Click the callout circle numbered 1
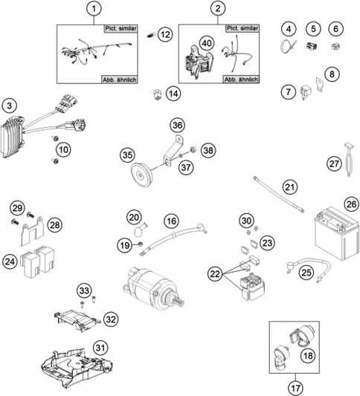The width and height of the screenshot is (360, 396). [93, 9]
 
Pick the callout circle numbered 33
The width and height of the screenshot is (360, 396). [84, 290]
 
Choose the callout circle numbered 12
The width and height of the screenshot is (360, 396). [165, 34]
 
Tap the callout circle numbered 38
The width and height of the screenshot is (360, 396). [208, 150]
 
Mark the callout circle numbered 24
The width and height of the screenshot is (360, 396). [10, 261]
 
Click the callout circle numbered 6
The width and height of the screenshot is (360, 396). [336, 29]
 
